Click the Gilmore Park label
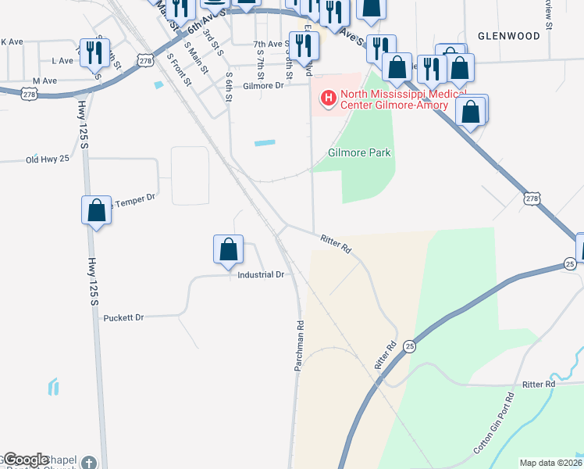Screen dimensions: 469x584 pyautogui.click(x=359, y=153)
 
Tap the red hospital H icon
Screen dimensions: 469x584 pyautogui.click(x=329, y=98)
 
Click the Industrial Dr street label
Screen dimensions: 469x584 pyautogui.click(x=262, y=275)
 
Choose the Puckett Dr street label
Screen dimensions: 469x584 pyautogui.click(x=124, y=318)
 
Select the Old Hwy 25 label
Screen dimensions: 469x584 pyautogui.click(x=48, y=159)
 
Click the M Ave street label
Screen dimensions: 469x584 pyautogui.click(x=45, y=81)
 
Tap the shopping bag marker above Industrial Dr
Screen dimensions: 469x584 pyautogui.click(x=228, y=249)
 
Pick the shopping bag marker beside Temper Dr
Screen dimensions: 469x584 pyautogui.click(x=96, y=210)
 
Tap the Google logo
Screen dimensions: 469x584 pyautogui.click(x=27, y=460)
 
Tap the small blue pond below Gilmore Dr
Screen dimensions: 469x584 pyautogui.click(x=265, y=143)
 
